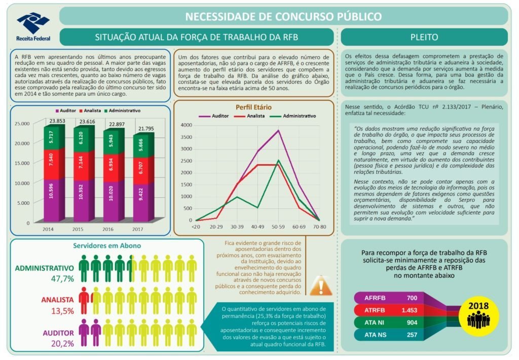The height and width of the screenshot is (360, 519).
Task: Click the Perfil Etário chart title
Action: [253, 107]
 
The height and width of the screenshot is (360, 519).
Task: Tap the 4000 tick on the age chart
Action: [187, 125]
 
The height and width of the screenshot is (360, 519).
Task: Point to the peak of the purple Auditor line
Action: [278, 130]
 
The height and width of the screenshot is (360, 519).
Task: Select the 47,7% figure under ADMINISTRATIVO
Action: [62, 278]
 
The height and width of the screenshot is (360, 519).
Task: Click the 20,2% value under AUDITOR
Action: [62, 343]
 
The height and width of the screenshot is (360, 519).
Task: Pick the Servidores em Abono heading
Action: [107, 245]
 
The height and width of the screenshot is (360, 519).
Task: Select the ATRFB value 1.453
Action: [409, 310]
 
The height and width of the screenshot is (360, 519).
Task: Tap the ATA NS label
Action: [376, 335]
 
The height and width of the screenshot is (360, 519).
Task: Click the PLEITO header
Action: [424, 37]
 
